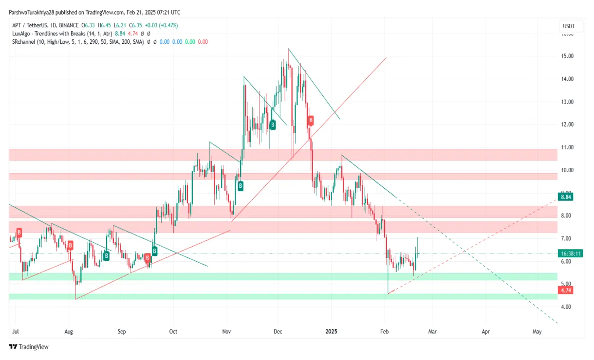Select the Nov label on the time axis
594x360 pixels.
pos(226,332)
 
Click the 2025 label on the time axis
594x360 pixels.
pos(332,332)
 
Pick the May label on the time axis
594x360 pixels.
pos(537,332)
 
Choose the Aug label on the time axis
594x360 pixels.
pos(69,332)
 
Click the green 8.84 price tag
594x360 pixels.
pos(565,197)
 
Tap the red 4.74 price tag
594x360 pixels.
pos(565,290)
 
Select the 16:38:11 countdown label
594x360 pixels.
pos(571,253)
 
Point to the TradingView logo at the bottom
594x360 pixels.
pos(29,347)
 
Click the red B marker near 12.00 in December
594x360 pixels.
pos(310,120)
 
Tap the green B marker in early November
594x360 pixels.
pos(240,185)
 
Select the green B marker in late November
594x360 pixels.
pos(273,125)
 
